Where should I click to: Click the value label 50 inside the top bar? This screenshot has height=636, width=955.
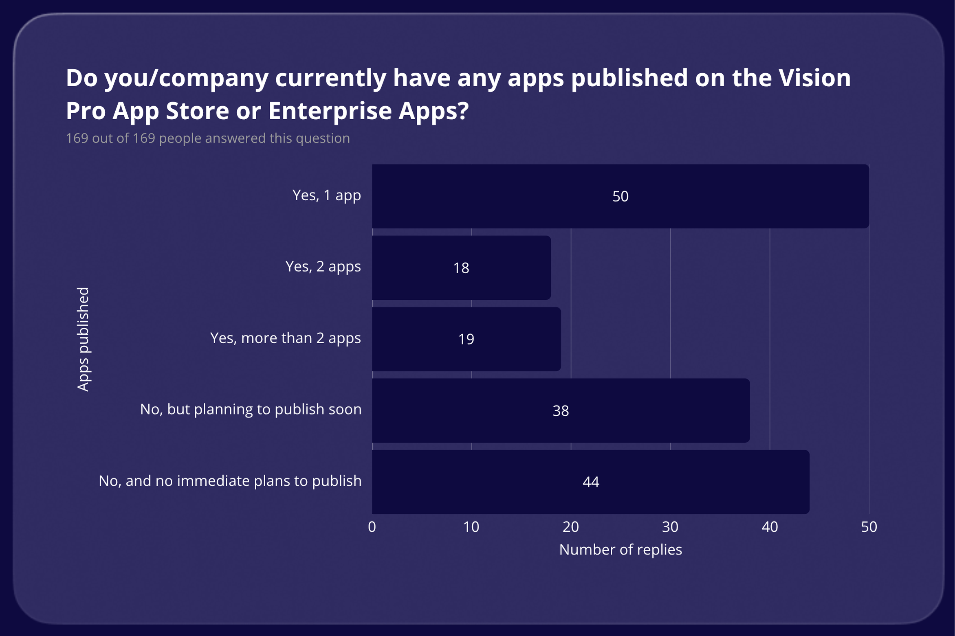tap(620, 197)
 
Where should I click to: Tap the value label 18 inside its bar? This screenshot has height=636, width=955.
tap(461, 268)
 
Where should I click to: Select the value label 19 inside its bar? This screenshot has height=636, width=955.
tap(466, 339)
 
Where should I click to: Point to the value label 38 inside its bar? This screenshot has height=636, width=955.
tap(560, 411)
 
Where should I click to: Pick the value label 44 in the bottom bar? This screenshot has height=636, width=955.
tap(590, 482)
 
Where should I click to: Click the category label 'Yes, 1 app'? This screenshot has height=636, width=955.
tap(326, 195)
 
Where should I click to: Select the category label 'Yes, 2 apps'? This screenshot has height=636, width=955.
tap(323, 267)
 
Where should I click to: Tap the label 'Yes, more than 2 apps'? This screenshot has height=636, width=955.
tap(285, 338)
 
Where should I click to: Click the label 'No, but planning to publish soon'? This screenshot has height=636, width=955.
tap(251, 410)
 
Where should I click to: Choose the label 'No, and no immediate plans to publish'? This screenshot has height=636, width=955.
tap(230, 481)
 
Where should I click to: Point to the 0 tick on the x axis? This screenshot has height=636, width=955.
tap(372, 527)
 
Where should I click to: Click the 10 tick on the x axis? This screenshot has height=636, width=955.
tap(471, 527)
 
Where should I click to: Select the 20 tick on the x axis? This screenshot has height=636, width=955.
tap(570, 527)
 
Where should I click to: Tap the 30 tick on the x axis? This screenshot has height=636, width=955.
tap(670, 527)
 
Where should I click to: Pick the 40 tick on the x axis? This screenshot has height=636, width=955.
tap(770, 527)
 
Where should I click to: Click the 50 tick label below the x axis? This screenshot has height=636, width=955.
tap(869, 527)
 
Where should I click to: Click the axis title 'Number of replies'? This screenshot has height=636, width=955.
tap(620, 550)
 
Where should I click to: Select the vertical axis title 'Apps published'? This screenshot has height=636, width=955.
tap(83, 339)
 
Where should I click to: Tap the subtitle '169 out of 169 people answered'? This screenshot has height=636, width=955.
tap(208, 138)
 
